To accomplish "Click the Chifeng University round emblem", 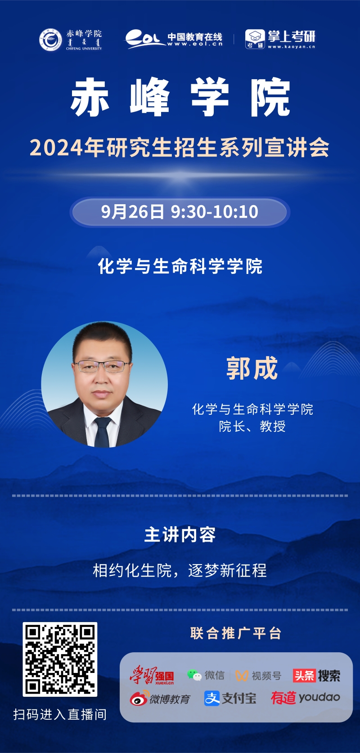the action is coord(50,40).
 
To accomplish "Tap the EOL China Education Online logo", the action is coord(174,39).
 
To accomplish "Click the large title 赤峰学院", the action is coord(180,97).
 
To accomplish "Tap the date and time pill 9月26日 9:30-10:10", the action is coord(180,212).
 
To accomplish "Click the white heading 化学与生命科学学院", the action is coord(180,266).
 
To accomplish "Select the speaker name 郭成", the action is coord(252,368).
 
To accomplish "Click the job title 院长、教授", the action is coord(252,426).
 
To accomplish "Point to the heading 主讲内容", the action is coord(180,534).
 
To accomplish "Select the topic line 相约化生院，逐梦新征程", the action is coord(180,570).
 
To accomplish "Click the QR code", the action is coord(60,659).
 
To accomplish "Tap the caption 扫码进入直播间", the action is coord(60,714).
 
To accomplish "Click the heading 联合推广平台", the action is coord(235,633).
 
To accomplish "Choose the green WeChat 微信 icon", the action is coord(194,675).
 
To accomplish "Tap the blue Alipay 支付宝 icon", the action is coord(212,698).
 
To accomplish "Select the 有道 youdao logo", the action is coord(306,698).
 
